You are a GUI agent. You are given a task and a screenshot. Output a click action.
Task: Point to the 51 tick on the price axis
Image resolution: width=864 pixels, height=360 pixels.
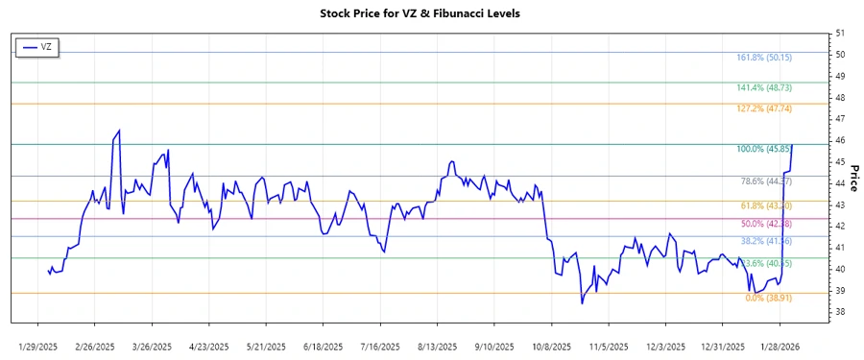pos(840,34)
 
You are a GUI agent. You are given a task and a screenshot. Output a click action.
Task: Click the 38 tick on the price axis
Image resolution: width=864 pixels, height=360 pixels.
pos(840,312)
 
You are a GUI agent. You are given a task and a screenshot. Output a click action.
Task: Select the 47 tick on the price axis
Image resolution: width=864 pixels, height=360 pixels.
pos(840,119)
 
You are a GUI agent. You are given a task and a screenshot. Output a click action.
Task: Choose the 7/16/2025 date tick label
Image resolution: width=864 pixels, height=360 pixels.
pos(378,346)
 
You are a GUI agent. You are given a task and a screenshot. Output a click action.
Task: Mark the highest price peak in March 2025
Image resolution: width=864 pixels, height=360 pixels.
pos(119,131)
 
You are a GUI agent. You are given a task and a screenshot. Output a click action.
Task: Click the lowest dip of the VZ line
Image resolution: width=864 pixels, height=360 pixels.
pos(582,303)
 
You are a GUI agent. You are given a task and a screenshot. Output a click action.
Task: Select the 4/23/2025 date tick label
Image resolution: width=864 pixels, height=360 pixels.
pos(208,346)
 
